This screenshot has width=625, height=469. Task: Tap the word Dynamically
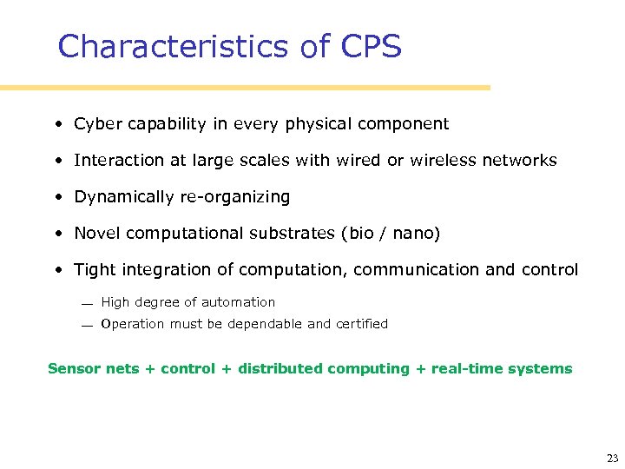pyautogui.click(x=124, y=197)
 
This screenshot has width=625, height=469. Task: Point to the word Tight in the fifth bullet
pyautogui.click(x=94, y=270)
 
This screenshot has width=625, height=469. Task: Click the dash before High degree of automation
pyautogui.click(x=87, y=304)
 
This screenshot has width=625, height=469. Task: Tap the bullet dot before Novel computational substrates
pyautogui.click(x=56, y=234)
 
